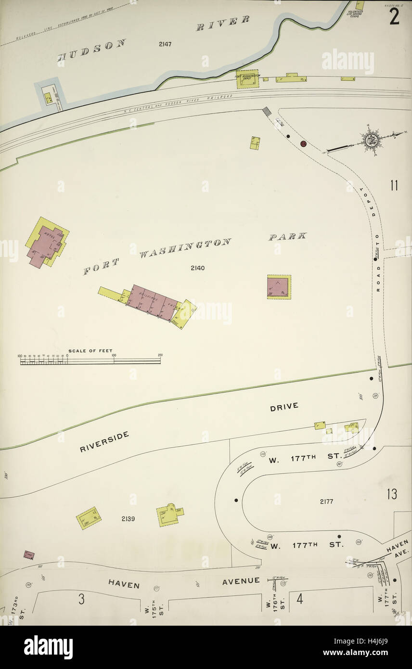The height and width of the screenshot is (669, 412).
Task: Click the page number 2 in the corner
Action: (394, 17)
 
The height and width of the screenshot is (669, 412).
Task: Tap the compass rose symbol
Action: (371, 141)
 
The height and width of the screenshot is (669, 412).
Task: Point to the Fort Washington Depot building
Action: (247, 79)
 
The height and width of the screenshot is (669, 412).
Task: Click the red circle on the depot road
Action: (303, 143)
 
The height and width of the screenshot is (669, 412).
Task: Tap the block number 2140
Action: (197, 268)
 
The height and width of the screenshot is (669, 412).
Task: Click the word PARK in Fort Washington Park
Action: (287, 236)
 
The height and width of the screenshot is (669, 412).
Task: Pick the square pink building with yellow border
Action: (279, 287)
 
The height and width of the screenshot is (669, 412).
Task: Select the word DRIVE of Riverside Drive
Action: (283, 406)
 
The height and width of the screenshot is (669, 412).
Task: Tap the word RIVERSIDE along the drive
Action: (104, 441)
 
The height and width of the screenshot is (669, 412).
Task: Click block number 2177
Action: (326, 502)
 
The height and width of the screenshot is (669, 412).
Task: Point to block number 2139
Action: (128, 519)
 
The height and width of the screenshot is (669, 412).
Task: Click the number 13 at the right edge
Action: (391, 494)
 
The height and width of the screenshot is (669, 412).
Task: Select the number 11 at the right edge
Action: (394, 186)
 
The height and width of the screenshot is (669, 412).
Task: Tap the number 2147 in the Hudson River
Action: (165, 44)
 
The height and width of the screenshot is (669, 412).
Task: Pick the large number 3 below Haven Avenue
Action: (82, 599)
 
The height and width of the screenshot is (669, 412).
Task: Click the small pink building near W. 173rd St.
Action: (29, 555)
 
